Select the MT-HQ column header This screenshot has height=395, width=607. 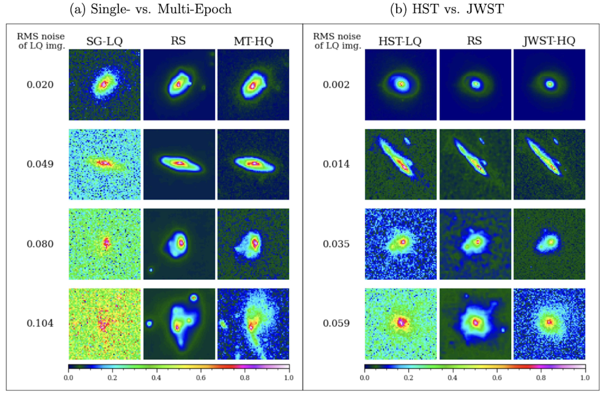pyautogui.click(x=254, y=41)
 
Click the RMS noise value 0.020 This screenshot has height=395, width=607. pyautogui.click(x=40, y=85)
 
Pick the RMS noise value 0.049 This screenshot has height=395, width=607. pyautogui.click(x=40, y=164)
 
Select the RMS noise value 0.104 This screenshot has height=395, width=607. pyautogui.click(x=40, y=323)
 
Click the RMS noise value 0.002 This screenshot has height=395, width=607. pyautogui.click(x=336, y=85)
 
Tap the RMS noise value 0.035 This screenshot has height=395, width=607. pyautogui.click(x=336, y=244)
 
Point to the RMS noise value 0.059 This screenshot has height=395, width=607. pyautogui.click(x=336, y=323)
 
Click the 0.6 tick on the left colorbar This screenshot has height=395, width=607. pyautogui.click(x=201, y=377)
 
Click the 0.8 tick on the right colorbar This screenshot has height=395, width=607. pyautogui.click(x=541, y=377)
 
